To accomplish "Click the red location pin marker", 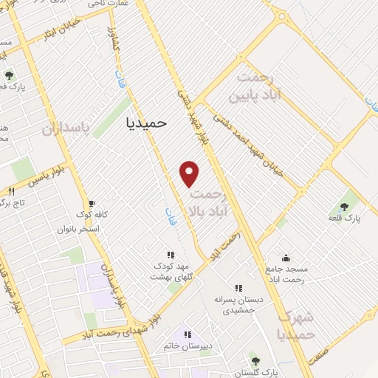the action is [190, 173].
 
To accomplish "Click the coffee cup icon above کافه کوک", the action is [92, 203].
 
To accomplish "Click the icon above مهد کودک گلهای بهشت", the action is [171, 254].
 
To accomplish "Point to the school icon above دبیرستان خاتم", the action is [188, 336].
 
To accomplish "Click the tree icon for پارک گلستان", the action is [255, 361].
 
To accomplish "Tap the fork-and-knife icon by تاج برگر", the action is [12, 192].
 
